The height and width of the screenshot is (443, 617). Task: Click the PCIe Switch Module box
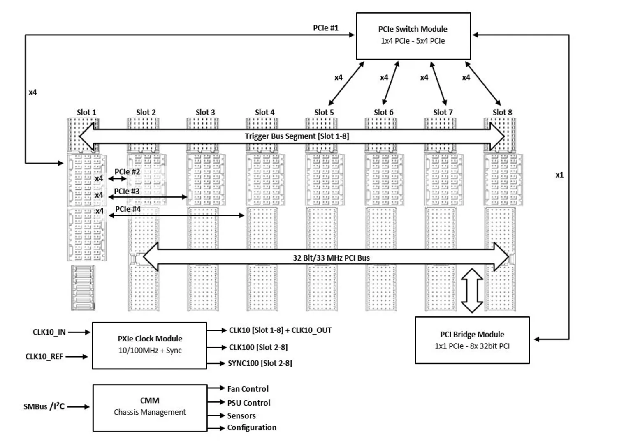click(x=413, y=36)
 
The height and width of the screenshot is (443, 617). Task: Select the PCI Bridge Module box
click(x=472, y=340)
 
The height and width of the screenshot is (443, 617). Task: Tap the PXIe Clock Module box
click(x=150, y=346)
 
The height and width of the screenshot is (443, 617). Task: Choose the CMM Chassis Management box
click(x=150, y=408)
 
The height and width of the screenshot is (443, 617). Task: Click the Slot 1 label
click(x=86, y=112)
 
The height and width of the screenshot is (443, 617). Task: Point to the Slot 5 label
click(x=324, y=112)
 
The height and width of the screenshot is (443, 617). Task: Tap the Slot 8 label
click(x=502, y=112)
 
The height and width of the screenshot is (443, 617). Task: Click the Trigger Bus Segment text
click(x=297, y=136)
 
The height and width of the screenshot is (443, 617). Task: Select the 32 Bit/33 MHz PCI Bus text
click(x=331, y=258)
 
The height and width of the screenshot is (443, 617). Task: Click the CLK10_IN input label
click(x=49, y=332)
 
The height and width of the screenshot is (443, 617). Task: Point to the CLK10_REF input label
click(x=44, y=357)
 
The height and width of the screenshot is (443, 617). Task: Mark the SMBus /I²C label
click(x=44, y=406)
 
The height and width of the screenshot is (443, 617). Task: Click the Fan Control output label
click(x=248, y=389)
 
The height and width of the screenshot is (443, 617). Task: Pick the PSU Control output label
click(x=249, y=403)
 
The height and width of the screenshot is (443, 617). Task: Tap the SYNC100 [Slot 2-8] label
click(x=260, y=363)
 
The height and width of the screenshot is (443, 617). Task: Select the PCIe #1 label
click(x=326, y=28)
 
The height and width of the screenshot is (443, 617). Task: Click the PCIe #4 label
click(x=128, y=209)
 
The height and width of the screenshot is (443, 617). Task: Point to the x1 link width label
click(x=559, y=175)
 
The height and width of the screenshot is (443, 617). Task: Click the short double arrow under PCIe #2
click(x=117, y=179)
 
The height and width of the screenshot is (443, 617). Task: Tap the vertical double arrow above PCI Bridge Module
click(x=472, y=291)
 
